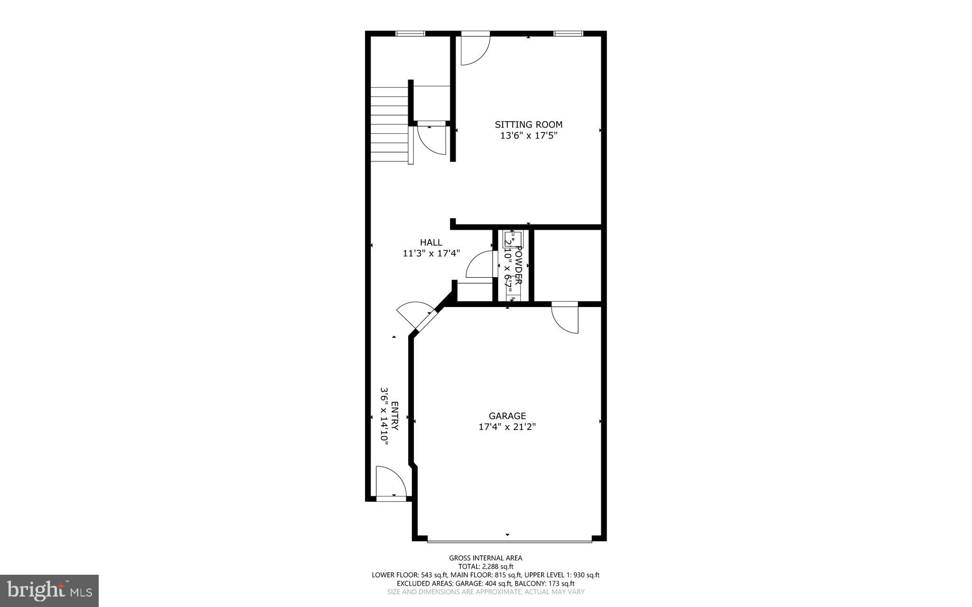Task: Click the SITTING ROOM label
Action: tap(528, 125)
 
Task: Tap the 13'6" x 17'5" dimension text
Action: tap(528, 136)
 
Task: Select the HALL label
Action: tap(431, 243)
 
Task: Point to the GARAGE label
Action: tap(507, 416)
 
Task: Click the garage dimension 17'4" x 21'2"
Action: tap(507, 427)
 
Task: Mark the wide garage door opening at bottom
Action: tap(509, 540)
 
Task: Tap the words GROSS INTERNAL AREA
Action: tap(486, 558)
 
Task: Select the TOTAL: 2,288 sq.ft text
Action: tap(486, 566)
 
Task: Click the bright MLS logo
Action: tap(49, 590)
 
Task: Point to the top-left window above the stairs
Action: tap(410, 33)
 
